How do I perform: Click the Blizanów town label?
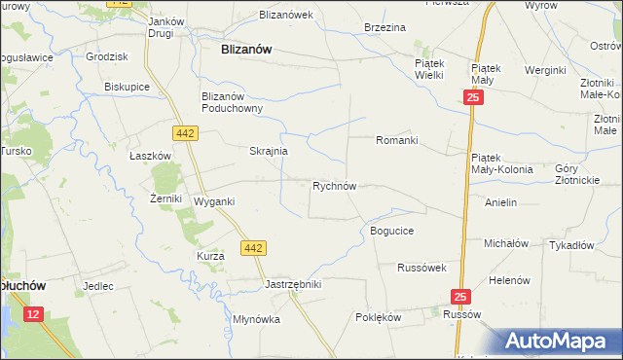point(246,48)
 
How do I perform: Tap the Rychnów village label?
point(339,185)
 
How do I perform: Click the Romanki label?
point(397,140)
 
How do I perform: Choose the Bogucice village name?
point(392,231)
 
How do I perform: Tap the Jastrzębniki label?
point(293,284)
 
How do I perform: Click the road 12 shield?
point(33,313)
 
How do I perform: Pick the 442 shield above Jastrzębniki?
point(253,248)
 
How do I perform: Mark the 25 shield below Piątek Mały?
point(472,98)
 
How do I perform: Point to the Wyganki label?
point(214,201)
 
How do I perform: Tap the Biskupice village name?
point(126,86)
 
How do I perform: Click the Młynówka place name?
point(256,319)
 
